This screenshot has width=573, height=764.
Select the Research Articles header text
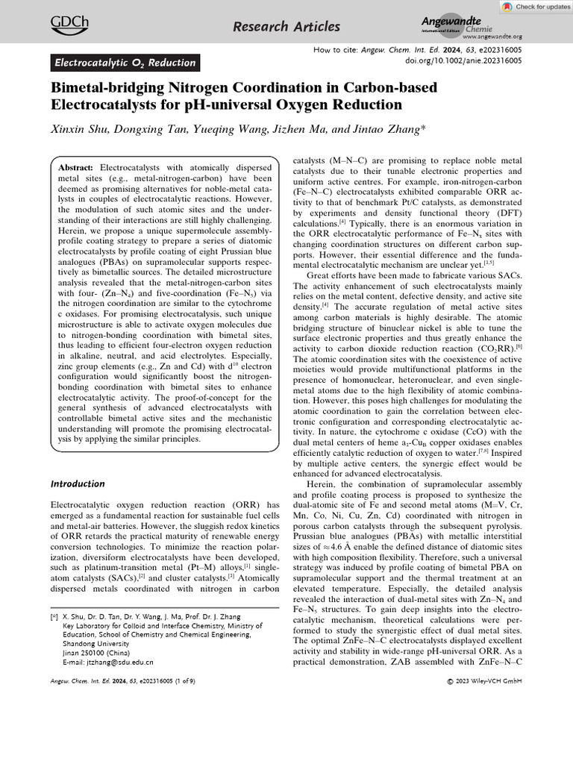(286, 27)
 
